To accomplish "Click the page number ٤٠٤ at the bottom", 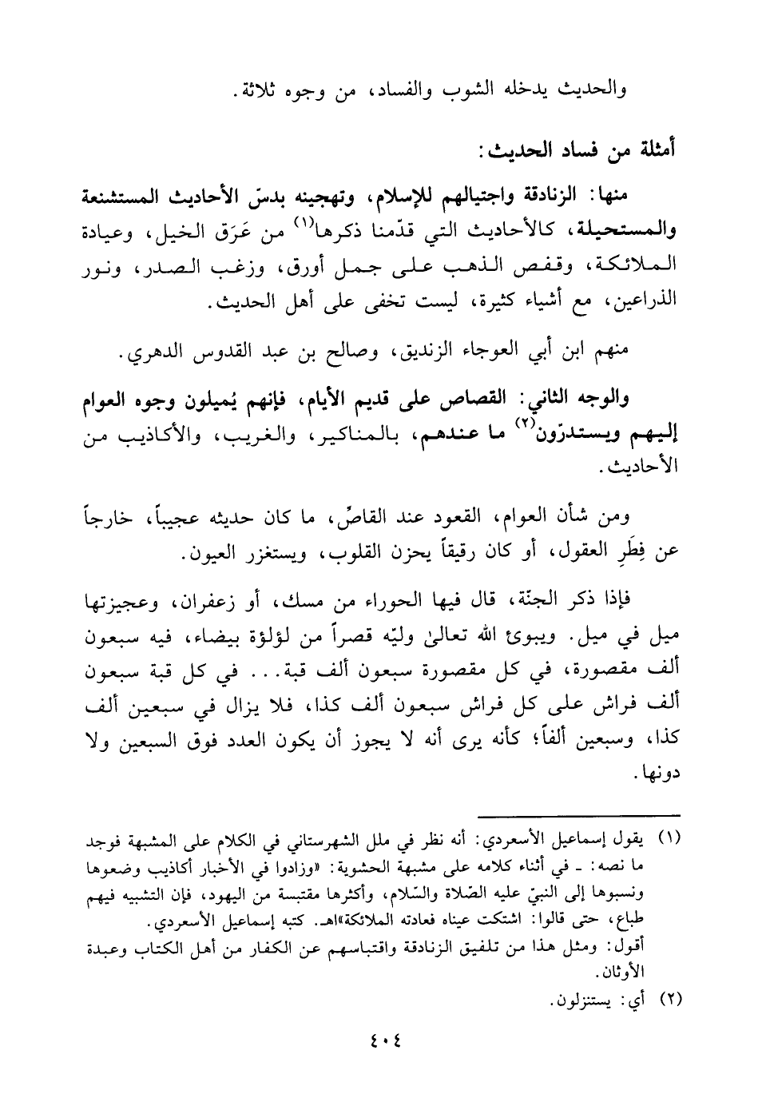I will (x=382, y=1040).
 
